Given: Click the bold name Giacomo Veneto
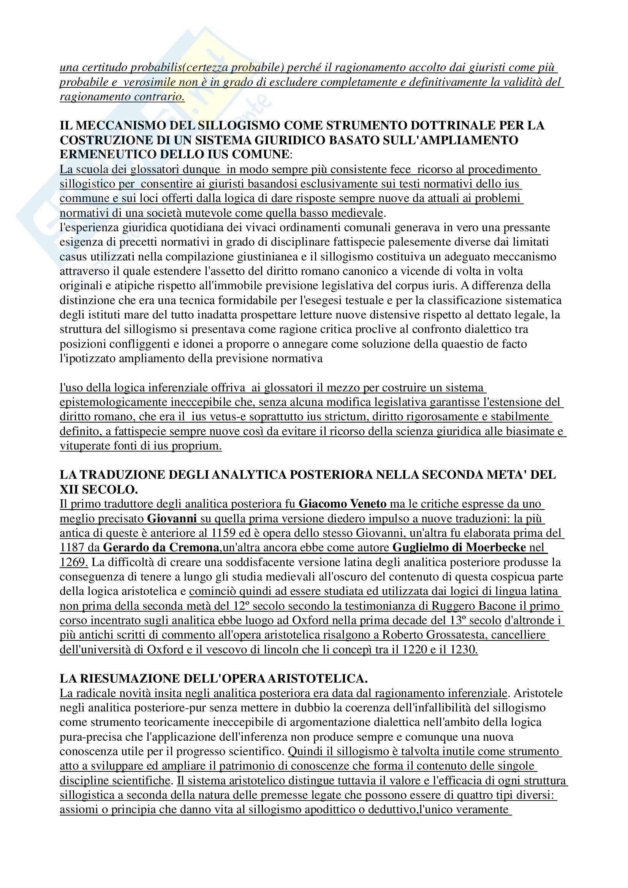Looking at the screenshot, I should pos(342,503).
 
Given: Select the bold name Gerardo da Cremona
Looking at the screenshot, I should pos(161,547).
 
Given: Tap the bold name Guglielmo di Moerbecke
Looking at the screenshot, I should pos(459,547).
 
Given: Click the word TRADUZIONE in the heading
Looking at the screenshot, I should pos(121,475).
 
